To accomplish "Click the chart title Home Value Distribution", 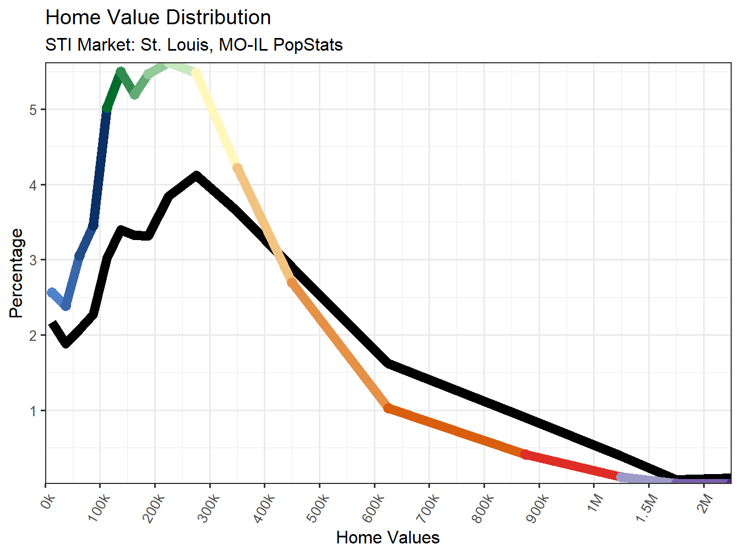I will (x=158, y=18).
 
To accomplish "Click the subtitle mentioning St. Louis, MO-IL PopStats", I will (x=194, y=45).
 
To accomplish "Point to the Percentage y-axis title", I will (x=17, y=273).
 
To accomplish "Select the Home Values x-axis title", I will (x=388, y=537).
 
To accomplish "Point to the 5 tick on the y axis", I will (x=34, y=110).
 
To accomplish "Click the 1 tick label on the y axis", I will (x=34, y=411).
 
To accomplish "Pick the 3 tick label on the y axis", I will (x=34, y=260).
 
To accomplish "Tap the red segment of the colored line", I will (x=573, y=465).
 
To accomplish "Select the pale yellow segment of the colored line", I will (x=216, y=120).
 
